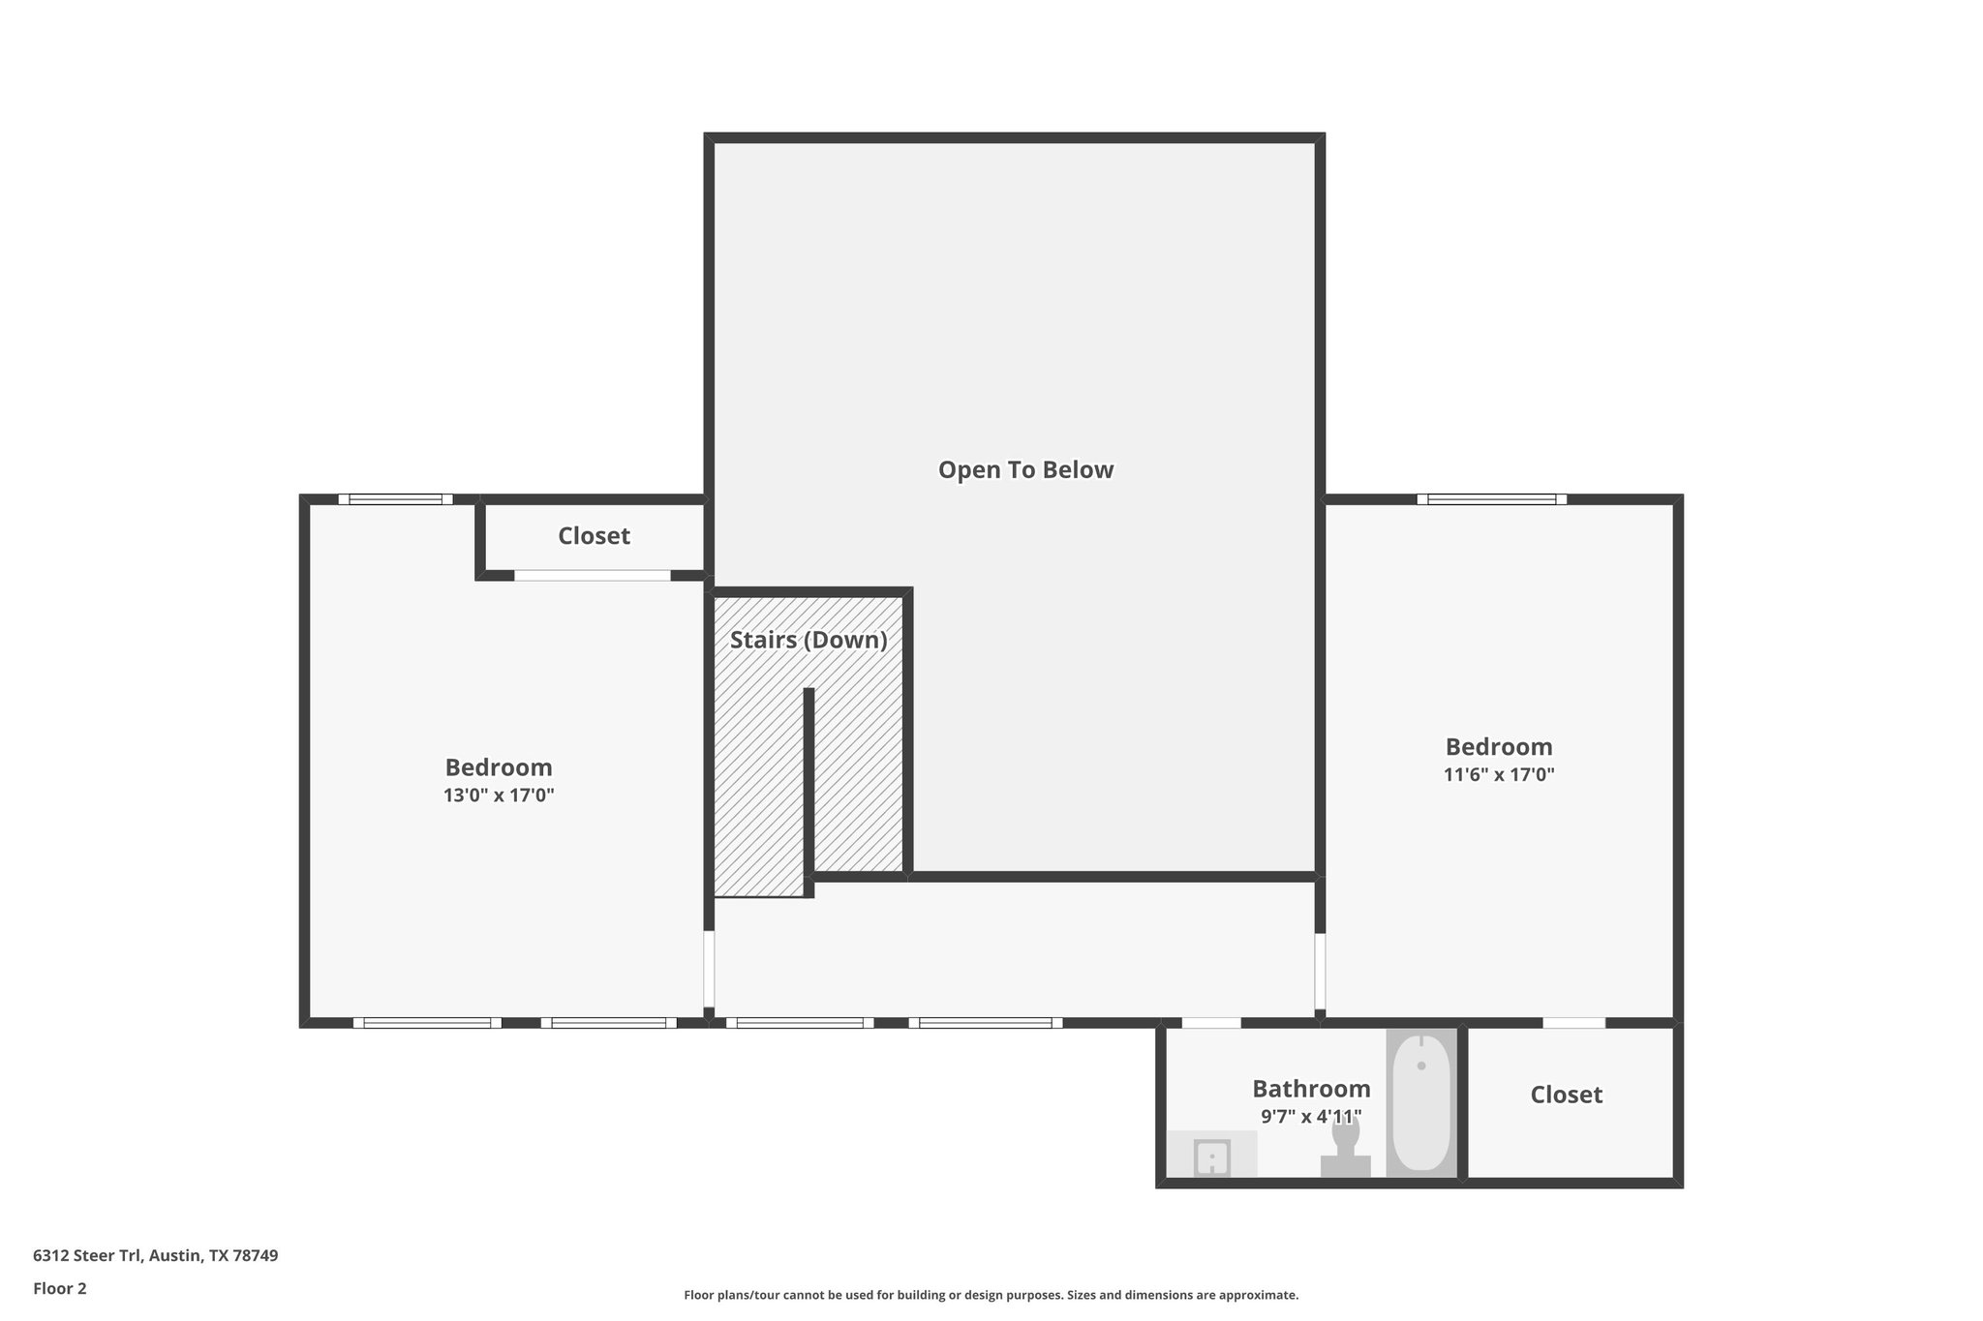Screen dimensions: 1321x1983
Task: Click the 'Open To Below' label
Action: coord(1025,470)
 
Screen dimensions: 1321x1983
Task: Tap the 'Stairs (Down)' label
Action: coord(808,640)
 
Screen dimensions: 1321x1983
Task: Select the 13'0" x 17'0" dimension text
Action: coord(499,796)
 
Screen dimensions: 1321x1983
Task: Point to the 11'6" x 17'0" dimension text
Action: coord(1499,774)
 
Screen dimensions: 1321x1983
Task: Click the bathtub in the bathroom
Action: coord(1420,1103)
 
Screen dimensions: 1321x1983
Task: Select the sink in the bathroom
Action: coord(1211,1156)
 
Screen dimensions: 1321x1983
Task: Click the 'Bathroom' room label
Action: coord(1311,1089)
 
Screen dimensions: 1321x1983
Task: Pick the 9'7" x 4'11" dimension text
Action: coord(1311,1117)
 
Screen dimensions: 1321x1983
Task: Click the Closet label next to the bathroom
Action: coord(1566,1095)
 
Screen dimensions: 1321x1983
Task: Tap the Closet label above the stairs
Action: coord(594,536)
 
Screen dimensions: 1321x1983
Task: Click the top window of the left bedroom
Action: coord(395,499)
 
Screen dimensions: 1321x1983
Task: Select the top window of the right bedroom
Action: coord(1491,499)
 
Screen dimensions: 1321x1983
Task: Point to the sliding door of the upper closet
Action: coord(592,575)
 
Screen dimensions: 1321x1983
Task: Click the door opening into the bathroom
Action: coord(1210,1023)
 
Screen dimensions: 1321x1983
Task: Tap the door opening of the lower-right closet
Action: coord(1573,1023)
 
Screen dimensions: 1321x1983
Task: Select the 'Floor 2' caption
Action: coord(60,1288)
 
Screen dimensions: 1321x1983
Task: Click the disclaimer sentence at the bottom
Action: coord(991,1295)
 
